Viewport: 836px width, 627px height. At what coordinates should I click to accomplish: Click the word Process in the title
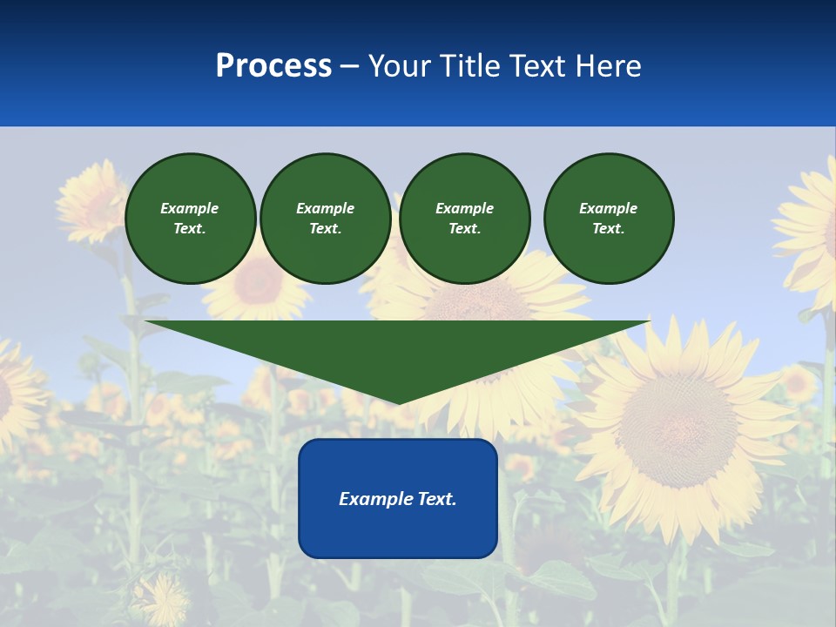pos(273,66)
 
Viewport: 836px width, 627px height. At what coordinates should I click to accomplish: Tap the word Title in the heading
pos(469,66)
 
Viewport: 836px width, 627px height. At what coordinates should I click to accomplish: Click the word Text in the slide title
pos(536,66)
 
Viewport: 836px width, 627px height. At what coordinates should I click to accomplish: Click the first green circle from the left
pos(191,219)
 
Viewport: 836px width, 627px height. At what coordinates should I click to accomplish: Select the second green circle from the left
pos(326,219)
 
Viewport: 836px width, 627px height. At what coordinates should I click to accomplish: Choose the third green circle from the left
pos(465,219)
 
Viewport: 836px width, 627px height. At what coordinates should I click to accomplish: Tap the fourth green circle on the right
pos(609,219)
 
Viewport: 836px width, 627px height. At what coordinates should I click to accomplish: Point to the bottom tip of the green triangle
pos(398,403)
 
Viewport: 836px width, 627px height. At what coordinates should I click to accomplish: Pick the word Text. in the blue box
pos(437,499)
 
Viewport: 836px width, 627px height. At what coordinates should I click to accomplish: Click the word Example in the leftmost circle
pos(190,208)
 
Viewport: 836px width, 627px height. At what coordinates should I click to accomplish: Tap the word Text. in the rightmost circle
pos(609,229)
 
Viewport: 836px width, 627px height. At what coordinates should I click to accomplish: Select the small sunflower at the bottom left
pos(162,599)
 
